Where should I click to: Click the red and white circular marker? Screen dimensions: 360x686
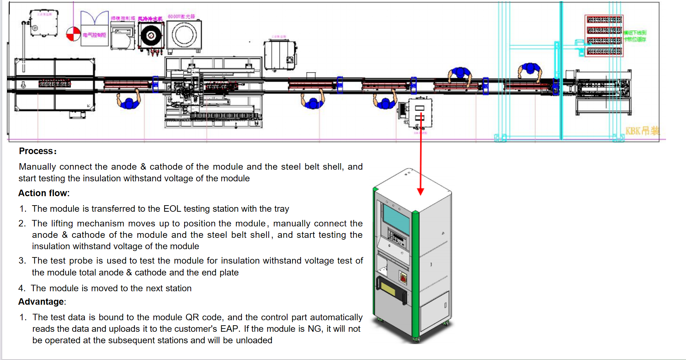point(73,34)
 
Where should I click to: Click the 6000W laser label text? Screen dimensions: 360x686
point(181,17)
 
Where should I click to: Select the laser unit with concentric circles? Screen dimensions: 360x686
point(184,36)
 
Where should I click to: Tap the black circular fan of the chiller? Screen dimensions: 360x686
point(151,36)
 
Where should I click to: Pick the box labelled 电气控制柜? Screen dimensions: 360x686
point(94,35)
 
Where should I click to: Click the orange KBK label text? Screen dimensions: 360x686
point(642,131)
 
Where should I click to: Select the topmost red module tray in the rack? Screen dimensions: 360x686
point(604,20)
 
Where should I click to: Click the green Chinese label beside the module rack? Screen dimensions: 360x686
point(635,36)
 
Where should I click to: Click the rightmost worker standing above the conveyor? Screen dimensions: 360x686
point(530,71)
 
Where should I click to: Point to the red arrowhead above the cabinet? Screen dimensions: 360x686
point(421,191)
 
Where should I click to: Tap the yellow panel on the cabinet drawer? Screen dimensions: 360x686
point(389,289)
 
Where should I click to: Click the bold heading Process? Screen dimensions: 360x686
point(37,151)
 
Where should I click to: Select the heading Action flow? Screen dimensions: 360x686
point(44,193)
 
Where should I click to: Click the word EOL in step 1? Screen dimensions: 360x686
point(172,209)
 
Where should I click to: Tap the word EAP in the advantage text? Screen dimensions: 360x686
point(229,329)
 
